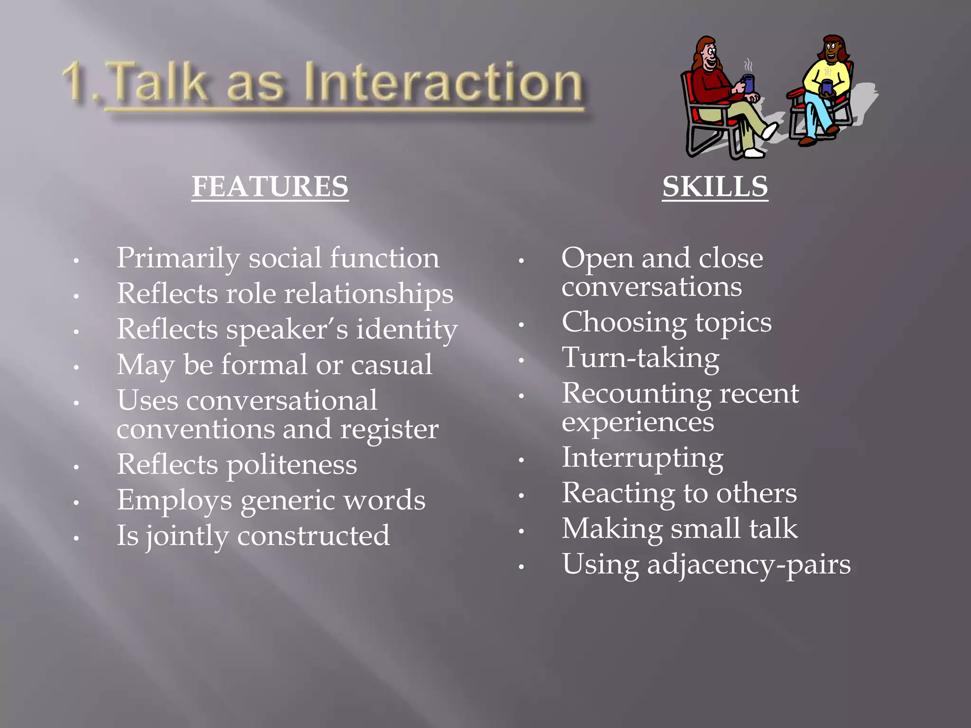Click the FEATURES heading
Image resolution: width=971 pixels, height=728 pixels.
click(x=270, y=186)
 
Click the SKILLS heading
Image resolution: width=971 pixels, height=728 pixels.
click(x=715, y=186)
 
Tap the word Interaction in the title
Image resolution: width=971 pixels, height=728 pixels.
click(x=443, y=83)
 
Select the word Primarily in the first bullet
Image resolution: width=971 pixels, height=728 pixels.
click(x=178, y=259)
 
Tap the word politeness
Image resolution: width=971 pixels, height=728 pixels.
click(x=292, y=465)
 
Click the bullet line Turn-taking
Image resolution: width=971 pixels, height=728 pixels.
click(x=640, y=358)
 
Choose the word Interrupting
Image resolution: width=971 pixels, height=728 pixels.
click(x=642, y=458)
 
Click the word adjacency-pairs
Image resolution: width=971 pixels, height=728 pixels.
click(x=749, y=565)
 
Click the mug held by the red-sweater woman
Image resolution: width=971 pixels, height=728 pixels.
click(x=748, y=83)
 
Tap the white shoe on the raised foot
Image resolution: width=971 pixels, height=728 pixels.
click(x=769, y=130)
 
